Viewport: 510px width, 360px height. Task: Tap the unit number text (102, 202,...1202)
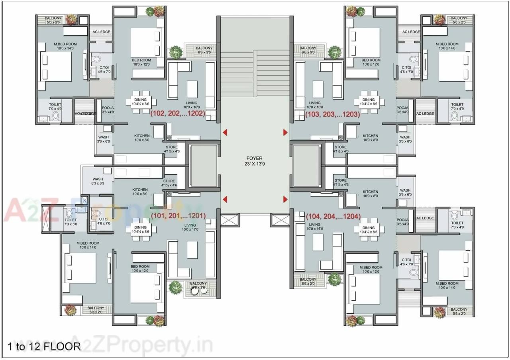(177, 113)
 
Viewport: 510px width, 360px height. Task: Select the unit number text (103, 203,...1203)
(332, 114)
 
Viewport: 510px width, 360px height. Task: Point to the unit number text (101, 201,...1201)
(178, 216)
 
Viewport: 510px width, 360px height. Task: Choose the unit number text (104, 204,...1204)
(333, 217)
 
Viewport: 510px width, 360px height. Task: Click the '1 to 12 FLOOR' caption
(44, 346)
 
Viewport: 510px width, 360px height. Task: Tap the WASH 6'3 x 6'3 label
(98, 181)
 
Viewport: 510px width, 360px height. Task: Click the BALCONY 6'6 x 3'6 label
(198, 285)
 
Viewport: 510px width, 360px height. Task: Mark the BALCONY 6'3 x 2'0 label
(96, 310)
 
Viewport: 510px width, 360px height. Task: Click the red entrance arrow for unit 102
(225, 132)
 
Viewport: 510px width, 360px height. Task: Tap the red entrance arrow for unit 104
(285, 199)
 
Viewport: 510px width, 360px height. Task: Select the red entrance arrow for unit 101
(225, 199)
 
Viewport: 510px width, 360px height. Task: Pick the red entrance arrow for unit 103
(285, 132)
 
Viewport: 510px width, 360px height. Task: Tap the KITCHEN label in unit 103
(370, 138)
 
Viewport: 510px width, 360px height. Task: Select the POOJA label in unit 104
(402, 222)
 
